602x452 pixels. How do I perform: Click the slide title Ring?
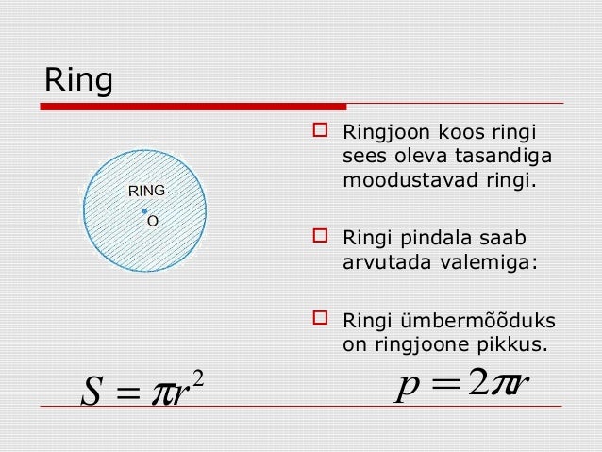click(x=79, y=83)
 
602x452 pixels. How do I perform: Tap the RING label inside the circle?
click(x=145, y=191)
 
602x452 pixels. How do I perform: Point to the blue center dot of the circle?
click(x=143, y=210)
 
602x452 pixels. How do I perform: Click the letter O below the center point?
click(x=151, y=222)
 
